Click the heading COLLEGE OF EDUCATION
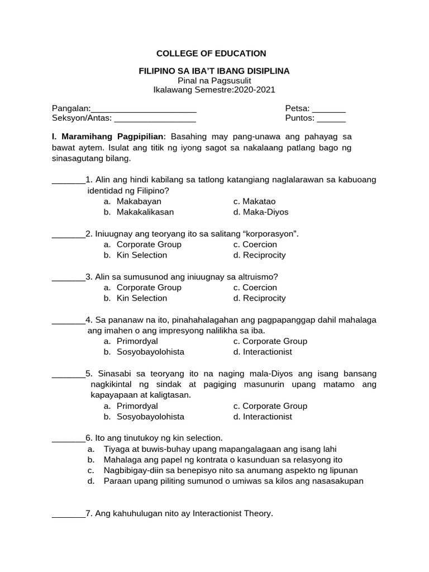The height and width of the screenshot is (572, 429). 211,54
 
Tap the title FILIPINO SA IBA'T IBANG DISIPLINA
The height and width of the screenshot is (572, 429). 214,71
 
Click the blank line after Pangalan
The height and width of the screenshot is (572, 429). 143,109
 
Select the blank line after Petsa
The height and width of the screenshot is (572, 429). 329,109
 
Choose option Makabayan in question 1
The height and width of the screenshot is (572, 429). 139,201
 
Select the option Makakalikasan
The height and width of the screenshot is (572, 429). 145,212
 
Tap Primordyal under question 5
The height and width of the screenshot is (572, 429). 137,406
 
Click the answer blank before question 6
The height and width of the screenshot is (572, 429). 68,438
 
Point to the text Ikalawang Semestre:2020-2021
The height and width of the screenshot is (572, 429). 214,89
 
